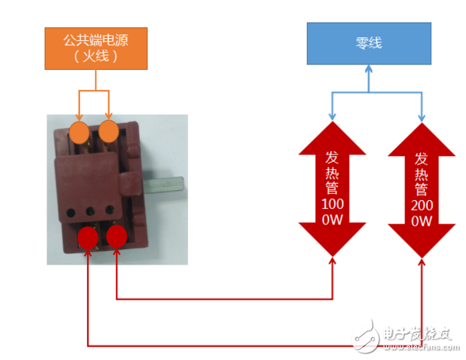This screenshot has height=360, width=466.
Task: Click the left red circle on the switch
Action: [89, 235]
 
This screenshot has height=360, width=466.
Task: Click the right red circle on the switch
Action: [116, 235]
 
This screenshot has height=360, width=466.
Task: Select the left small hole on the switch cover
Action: [74, 210]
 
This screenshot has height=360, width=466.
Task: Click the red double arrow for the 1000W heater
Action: [332, 189]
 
